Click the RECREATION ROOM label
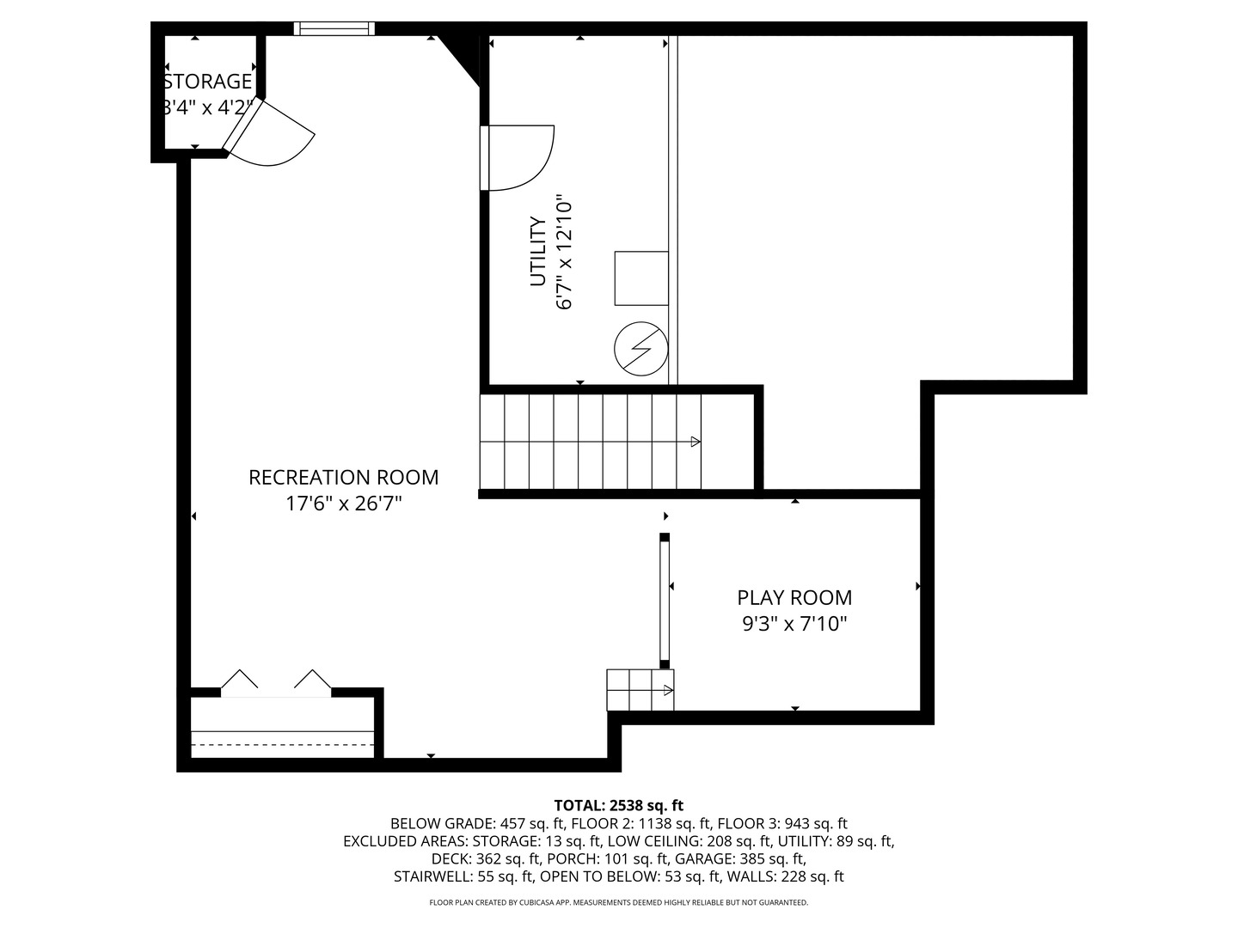343,477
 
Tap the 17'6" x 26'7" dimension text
343,504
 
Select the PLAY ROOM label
794,597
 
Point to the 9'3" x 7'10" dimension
794,624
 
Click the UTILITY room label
538,252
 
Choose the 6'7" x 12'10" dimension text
564,254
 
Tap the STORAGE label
208,82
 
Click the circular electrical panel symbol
640,349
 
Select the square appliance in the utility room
641,278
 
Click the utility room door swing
520,157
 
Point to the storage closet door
268,133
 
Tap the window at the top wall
334,28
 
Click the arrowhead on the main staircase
696,442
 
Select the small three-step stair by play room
640,690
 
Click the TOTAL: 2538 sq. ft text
618,805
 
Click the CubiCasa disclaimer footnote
618,902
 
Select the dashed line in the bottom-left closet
282,744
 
